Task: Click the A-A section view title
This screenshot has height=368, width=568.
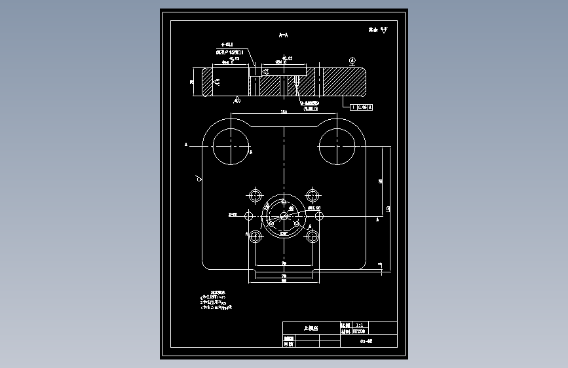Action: click(x=284, y=34)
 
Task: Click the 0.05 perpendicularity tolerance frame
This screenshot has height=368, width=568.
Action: click(x=361, y=106)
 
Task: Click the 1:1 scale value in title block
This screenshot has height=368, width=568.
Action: click(x=359, y=324)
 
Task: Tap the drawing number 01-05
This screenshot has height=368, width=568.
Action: click(x=368, y=341)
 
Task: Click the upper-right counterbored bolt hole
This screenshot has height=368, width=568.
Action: click(x=314, y=196)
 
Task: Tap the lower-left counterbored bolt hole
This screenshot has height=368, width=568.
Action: click(x=254, y=236)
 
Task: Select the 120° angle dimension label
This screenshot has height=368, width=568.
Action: click(x=284, y=232)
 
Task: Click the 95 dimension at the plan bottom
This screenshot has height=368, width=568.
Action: click(x=284, y=280)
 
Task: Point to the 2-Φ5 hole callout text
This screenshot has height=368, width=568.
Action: click(x=233, y=214)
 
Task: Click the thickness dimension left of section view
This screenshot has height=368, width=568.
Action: click(x=192, y=82)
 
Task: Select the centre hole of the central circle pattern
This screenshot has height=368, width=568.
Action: click(x=284, y=215)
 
